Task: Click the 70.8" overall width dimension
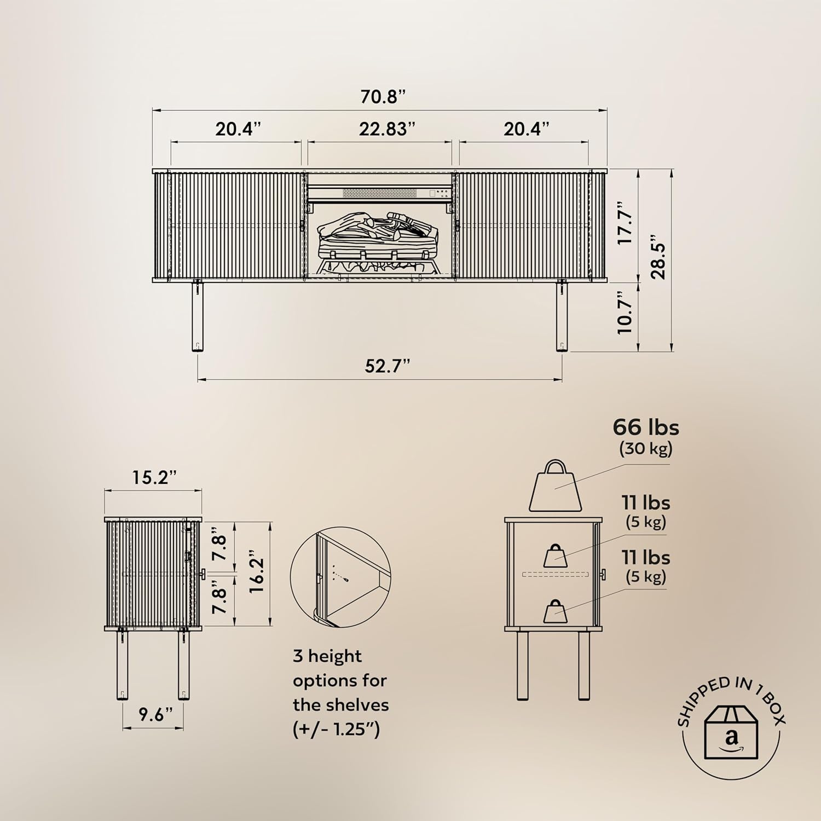pyautogui.click(x=383, y=97)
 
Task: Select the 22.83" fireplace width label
pyautogui.click(x=387, y=129)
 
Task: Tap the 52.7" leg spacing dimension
pyautogui.click(x=388, y=366)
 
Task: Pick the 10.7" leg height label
pyautogui.click(x=625, y=313)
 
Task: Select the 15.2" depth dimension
pyautogui.click(x=154, y=477)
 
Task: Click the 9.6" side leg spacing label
pyautogui.click(x=155, y=714)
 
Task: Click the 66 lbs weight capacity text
pyautogui.click(x=646, y=427)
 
